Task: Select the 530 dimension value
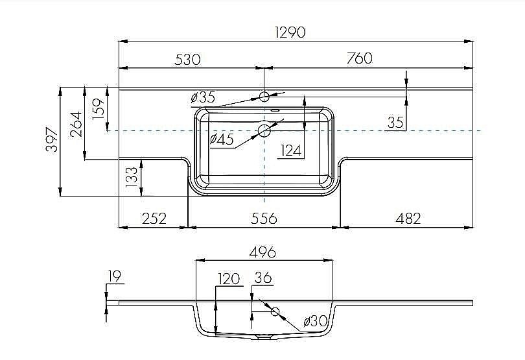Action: click(187, 59)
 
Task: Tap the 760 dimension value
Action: click(359, 58)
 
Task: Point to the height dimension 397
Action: click(52, 140)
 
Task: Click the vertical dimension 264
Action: click(76, 123)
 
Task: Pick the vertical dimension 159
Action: click(99, 108)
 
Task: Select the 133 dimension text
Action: click(132, 177)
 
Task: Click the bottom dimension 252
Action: click(154, 218)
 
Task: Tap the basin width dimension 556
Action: click(264, 218)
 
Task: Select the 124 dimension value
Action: click(292, 150)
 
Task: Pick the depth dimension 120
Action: click(229, 279)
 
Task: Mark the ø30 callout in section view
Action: click(314, 320)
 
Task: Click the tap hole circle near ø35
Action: click(264, 97)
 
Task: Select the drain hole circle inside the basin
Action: click(264, 130)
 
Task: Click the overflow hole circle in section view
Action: click(275, 312)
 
